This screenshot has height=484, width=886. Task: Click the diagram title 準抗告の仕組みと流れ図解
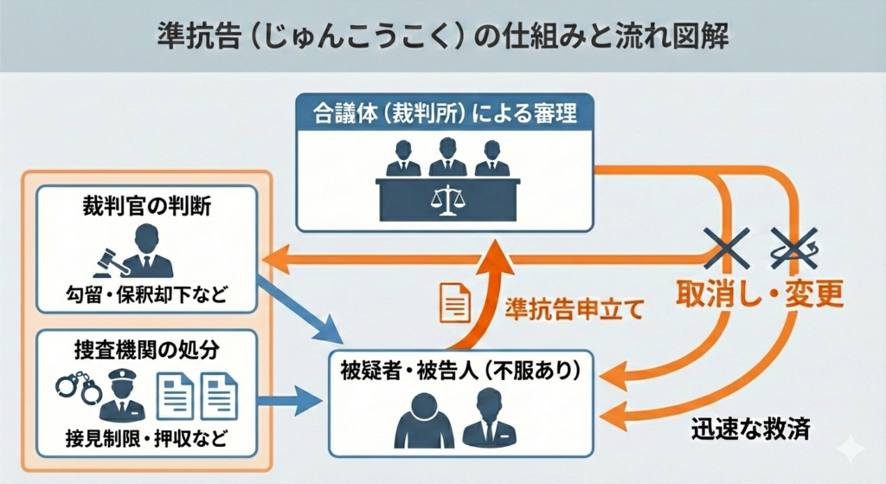443,35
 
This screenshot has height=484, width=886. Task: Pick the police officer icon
119,394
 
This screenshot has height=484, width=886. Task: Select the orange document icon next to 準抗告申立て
456,302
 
